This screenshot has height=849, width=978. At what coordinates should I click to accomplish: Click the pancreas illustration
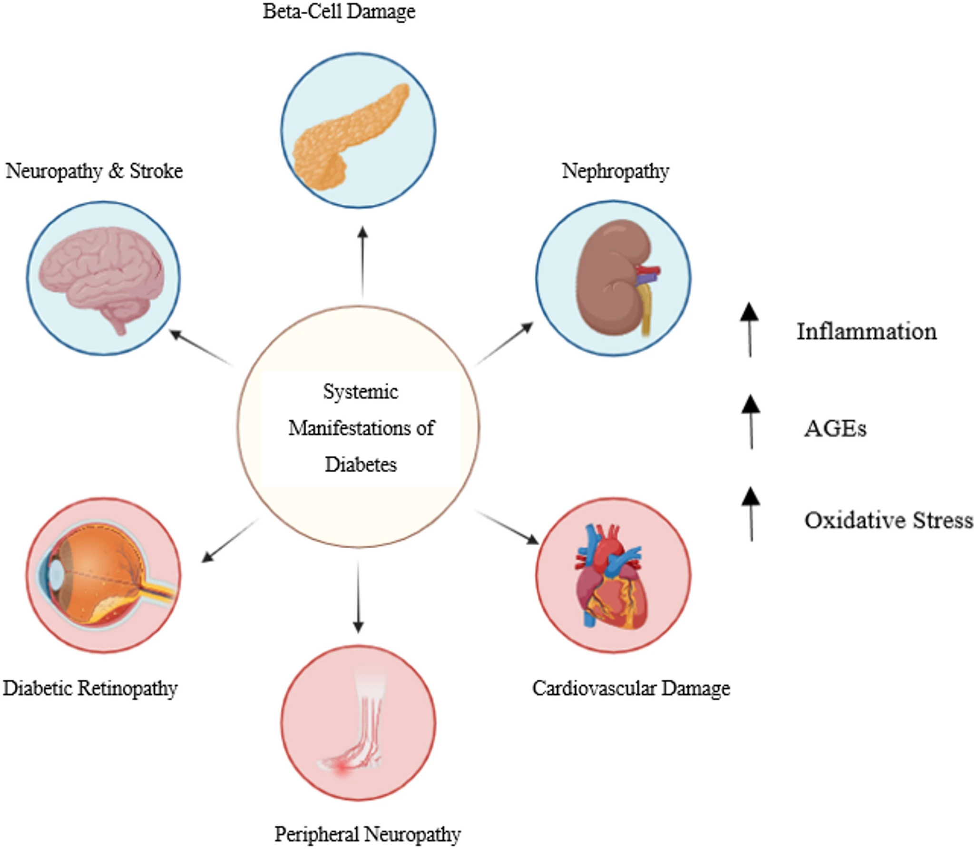(350, 136)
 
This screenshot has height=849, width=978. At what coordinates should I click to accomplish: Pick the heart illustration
(611, 578)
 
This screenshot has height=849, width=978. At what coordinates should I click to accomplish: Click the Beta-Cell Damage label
(339, 11)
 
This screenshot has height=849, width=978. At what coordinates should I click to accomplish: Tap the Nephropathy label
(615, 171)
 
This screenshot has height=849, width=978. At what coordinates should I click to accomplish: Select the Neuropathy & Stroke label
(94, 171)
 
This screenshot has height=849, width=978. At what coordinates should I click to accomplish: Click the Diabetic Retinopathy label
(90, 688)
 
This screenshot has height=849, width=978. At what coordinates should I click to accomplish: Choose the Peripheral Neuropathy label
(367, 834)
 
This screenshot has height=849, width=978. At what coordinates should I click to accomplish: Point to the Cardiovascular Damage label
(631, 688)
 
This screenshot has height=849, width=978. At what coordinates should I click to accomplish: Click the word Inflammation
(867, 332)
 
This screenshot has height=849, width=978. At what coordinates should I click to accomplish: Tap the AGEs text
(835, 429)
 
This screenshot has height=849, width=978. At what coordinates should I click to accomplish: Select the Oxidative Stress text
(888, 520)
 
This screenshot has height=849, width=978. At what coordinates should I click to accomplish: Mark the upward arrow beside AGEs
(751, 422)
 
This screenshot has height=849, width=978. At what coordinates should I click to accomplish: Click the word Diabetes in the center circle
(361, 464)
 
